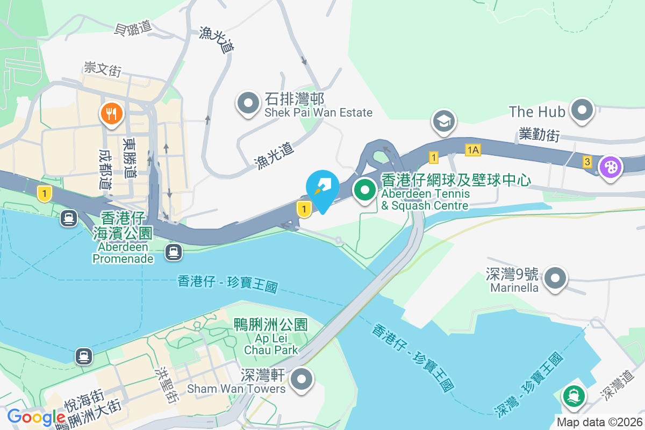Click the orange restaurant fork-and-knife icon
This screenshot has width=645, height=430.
coord(111,114)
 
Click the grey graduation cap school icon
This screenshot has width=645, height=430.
coord(443,121)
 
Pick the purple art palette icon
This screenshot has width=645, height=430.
coord(610,167)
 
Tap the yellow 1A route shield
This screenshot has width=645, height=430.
coord(473,150)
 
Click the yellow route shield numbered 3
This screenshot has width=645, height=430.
coord(587,161)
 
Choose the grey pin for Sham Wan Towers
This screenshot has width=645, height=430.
coord(302,379)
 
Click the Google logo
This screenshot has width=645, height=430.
coord(36,417)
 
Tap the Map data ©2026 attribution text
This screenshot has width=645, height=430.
coord(599,422)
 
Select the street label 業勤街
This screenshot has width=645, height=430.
coord(539,134)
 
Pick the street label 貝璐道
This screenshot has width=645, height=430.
coord(133,28)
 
